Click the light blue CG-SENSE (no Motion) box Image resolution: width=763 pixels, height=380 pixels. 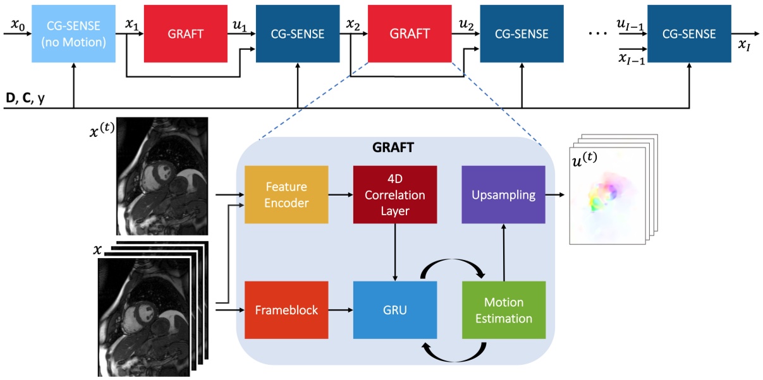[x=73, y=34]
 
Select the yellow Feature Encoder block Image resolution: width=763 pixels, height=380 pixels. [x=286, y=194]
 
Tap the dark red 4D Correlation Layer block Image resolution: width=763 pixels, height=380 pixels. [x=395, y=194]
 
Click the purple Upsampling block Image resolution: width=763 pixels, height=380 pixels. [x=503, y=194]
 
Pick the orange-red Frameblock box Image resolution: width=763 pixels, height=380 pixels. [x=286, y=310]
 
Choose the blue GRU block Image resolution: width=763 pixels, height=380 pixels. [x=395, y=310]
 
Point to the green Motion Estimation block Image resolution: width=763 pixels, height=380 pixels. [x=504, y=310]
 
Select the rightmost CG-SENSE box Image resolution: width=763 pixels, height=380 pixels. [x=688, y=34]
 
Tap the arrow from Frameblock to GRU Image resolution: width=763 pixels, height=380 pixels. [x=340, y=310]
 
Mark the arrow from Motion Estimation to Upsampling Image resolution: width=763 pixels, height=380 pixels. [x=504, y=252]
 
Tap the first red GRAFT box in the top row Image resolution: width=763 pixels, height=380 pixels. [x=185, y=34]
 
